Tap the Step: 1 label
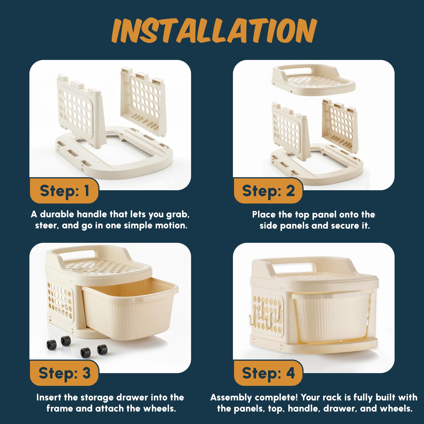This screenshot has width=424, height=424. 64,191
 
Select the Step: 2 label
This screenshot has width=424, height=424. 268,191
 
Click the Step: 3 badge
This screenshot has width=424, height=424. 64,373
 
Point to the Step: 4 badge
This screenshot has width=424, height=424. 268,373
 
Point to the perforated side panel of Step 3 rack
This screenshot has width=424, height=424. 60,300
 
